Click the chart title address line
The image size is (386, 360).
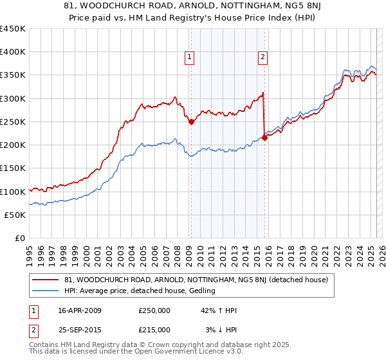[x=192, y=7]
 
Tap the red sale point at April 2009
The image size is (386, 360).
[x=191, y=122]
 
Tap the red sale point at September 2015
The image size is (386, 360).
[x=264, y=138]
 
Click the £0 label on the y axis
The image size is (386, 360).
[x=19, y=238]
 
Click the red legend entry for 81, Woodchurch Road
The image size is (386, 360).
[x=196, y=280]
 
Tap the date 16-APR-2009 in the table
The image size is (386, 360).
[x=80, y=310]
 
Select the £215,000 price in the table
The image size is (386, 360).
[x=154, y=330]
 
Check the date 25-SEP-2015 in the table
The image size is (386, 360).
[x=80, y=330]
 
